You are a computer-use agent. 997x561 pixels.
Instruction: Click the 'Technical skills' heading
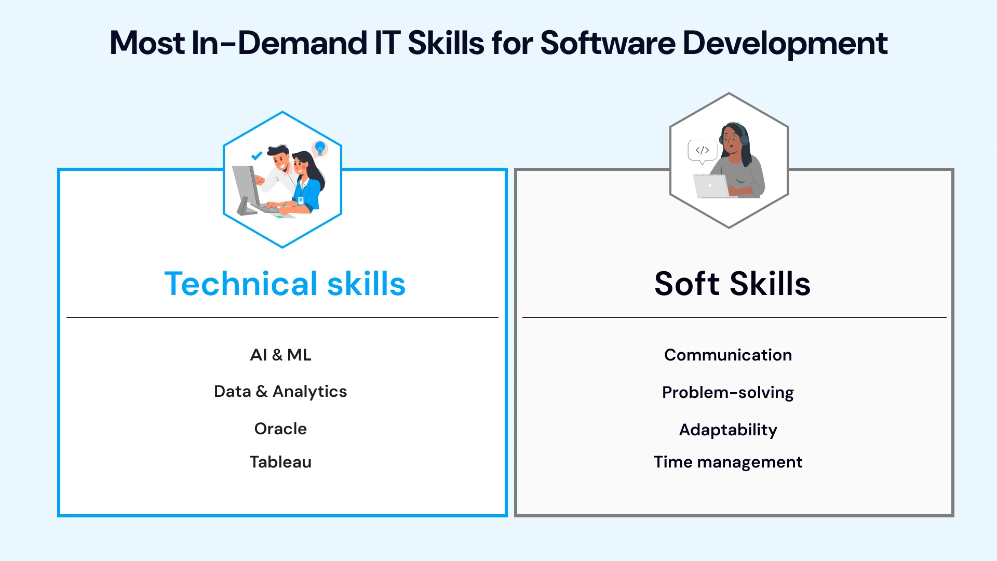[x=285, y=284]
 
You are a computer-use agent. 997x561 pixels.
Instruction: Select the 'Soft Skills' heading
[x=732, y=284]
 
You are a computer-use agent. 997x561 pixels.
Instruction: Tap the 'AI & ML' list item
[x=280, y=355]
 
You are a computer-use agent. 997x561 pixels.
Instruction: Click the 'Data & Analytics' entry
[x=280, y=392]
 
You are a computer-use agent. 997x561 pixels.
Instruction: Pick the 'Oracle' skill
[x=280, y=429]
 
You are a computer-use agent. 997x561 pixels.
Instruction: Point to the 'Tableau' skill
[x=280, y=462]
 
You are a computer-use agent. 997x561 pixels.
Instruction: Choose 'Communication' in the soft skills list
[x=728, y=355]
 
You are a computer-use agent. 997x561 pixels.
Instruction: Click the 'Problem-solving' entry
[x=728, y=393]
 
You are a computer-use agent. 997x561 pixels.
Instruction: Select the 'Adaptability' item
[x=728, y=430]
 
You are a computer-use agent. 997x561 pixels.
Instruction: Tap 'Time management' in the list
[x=728, y=462]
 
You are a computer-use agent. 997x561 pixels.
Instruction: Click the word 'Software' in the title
[x=608, y=43]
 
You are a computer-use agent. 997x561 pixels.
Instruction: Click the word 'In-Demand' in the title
[x=279, y=43]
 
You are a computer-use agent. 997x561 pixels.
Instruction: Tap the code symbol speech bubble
[x=703, y=151]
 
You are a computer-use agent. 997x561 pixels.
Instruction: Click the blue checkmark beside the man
[x=257, y=155]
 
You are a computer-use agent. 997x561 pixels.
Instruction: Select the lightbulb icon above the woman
[x=320, y=148]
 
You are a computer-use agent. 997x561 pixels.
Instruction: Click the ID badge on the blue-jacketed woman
[x=301, y=199]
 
